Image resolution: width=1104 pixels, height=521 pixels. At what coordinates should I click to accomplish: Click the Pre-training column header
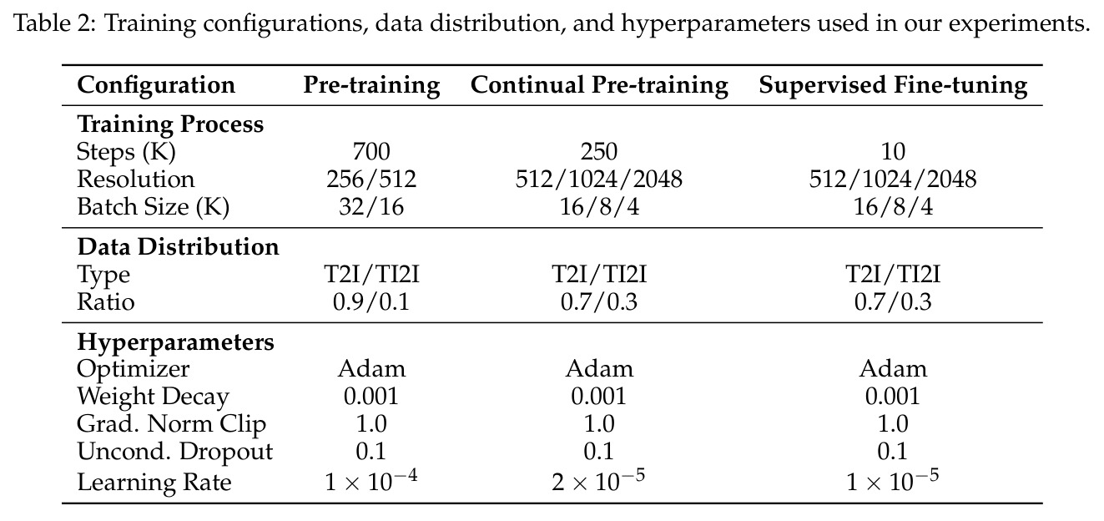tap(371, 85)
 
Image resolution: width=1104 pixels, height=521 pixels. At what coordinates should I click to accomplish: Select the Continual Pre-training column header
tap(599, 85)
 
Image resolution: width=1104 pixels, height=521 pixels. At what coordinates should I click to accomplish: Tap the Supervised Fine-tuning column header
tap(893, 85)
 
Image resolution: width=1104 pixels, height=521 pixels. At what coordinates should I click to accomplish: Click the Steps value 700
tap(371, 151)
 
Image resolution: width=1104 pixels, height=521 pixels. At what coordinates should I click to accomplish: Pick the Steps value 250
tap(599, 151)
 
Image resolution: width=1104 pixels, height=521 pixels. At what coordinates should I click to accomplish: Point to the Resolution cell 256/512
tap(371, 179)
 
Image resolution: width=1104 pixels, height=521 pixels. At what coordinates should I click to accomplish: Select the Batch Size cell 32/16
tap(371, 206)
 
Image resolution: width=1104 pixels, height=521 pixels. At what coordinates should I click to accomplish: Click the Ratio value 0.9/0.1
tap(371, 301)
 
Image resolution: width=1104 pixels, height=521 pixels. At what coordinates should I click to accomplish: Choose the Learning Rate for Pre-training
tap(371, 480)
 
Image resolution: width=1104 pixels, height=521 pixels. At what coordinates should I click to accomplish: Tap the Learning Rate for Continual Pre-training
tap(598, 480)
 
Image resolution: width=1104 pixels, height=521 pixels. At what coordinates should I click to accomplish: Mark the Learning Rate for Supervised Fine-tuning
tap(893, 480)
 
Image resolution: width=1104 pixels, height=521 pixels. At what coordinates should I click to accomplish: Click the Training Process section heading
tap(170, 124)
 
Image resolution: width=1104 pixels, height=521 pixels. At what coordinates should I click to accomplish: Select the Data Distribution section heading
tap(179, 246)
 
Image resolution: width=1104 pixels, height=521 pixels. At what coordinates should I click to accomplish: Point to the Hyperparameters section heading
tap(175, 342)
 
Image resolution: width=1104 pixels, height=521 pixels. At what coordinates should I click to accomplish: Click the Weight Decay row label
tap(154, 397)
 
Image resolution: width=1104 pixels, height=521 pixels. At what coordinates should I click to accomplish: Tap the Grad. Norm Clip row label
tap(172, 424)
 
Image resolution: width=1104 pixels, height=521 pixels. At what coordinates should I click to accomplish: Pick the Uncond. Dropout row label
tap(175, 452)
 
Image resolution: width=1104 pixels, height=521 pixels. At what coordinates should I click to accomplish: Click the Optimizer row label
tap(133, 370)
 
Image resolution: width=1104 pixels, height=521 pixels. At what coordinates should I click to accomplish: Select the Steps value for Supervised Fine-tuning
tap(893, 151)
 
